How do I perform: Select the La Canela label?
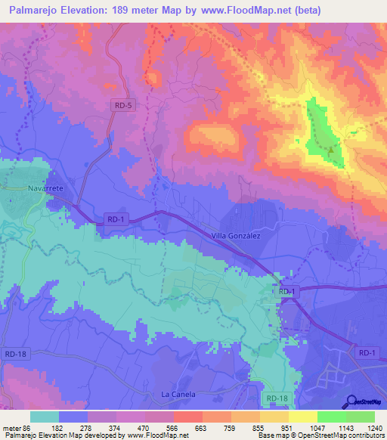pos(178,395)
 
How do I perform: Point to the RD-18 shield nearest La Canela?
pos(277,397)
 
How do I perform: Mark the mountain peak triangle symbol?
pos(331,149)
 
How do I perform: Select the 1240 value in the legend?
pos(367,429)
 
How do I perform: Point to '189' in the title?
pos(134,11)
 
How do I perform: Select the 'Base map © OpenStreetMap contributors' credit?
pos(322,436)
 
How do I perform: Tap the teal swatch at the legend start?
pos(45,417)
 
